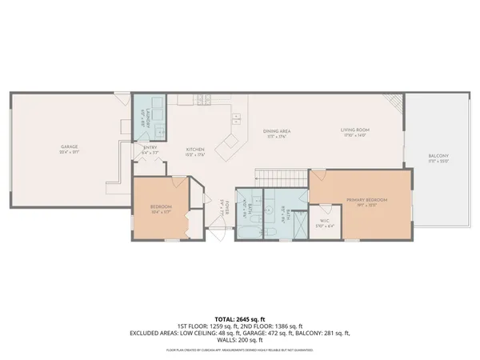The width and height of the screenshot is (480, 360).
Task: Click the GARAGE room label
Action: point(69,146)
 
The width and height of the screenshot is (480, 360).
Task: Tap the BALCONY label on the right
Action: point(438,156)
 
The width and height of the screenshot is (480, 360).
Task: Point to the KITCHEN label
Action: point(195,150)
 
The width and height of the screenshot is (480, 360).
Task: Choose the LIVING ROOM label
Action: point(354,130)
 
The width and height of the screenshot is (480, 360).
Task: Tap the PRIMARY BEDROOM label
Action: point(366,199)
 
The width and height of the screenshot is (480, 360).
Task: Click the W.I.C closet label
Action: point(324,221)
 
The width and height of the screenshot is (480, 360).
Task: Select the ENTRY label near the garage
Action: point(150,147)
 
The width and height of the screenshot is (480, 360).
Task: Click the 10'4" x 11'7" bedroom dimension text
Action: point(161,212)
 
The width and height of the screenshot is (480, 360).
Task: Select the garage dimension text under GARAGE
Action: point(69,152)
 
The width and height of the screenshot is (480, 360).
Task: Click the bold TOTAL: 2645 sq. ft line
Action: point(240,318)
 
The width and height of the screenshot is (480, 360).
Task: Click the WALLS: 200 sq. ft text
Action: point(240,340)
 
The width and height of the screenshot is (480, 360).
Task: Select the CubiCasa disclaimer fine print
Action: point(240,350)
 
